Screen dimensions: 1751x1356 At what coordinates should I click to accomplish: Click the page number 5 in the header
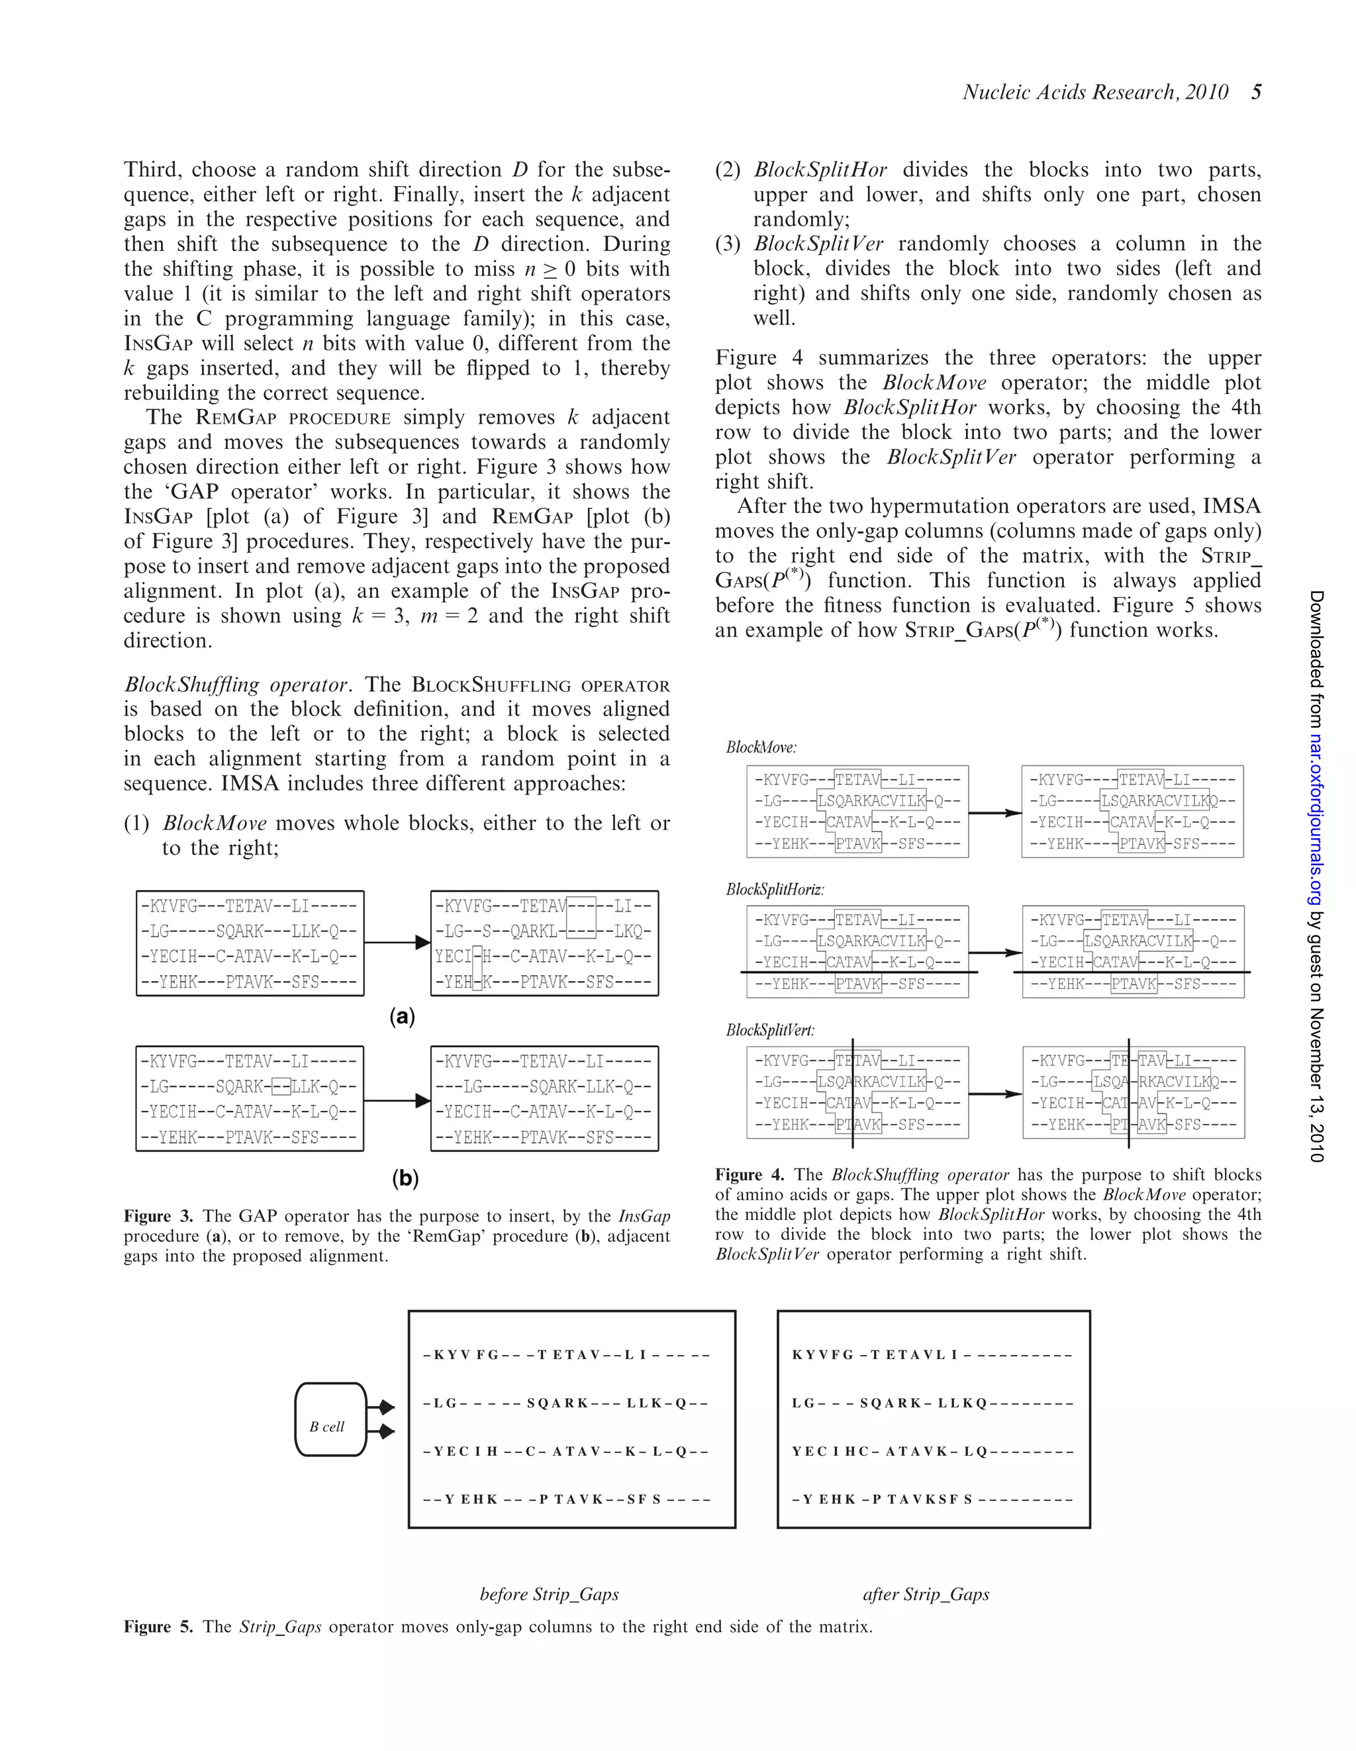pyautogui.click(x=1256, y=92)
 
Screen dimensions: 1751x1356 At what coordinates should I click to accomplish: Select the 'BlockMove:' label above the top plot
pyautogui.click(x=761, y=747)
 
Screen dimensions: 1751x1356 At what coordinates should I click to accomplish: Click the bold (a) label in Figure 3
pyautogui.click(x=402, y=1017)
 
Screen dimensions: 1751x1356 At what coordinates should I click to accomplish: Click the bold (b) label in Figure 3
pyautogui.click(x=405, y=1178)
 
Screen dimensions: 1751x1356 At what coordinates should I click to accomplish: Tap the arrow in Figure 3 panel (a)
pyautogui.click(x=397, y=942)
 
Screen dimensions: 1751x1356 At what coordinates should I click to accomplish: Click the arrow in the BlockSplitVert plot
pyautogui.click(x=994, y=1094)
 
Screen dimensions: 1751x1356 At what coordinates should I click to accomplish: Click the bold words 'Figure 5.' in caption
pyautogui.click(x=158, y=1627)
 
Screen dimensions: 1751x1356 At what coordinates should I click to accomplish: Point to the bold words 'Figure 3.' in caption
pyautogui.click(x=158, y=1216)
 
